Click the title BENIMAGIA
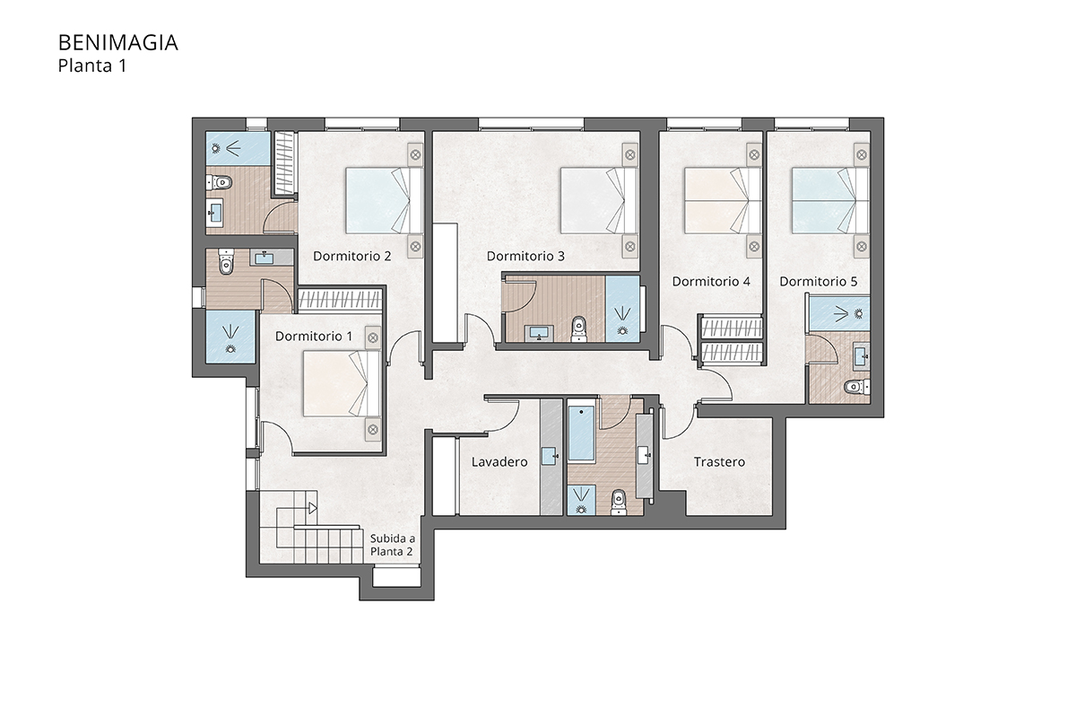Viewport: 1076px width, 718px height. tap(118, 43)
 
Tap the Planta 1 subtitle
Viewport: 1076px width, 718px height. tap(92, 66)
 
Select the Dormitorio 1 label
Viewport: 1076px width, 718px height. tap(314, 337)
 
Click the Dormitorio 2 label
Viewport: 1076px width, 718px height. tap(352, 256)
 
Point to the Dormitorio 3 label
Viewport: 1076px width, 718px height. tap(525, 256)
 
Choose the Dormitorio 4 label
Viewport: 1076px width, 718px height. tap(711, 281)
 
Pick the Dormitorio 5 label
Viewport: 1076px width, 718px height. tap(818, 281)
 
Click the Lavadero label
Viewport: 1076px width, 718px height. tap(499, 462)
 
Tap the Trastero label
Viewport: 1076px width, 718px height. tap(719, 462)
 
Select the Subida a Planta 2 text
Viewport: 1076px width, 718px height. tap(392, 545)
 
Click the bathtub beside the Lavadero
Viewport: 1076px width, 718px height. tap(581, 433)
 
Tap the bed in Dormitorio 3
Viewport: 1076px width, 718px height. tap(599, 200)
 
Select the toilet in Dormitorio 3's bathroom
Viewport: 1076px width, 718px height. tap(579, 329)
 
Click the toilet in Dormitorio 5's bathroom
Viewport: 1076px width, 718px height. tap(857, 386)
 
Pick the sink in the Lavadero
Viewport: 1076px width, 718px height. tap(550, 455)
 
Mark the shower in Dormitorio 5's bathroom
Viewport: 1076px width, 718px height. tap(839, 314)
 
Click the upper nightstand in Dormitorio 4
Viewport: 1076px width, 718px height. tap(754, 155)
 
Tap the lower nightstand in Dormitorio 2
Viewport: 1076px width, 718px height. tap(415, 247)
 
